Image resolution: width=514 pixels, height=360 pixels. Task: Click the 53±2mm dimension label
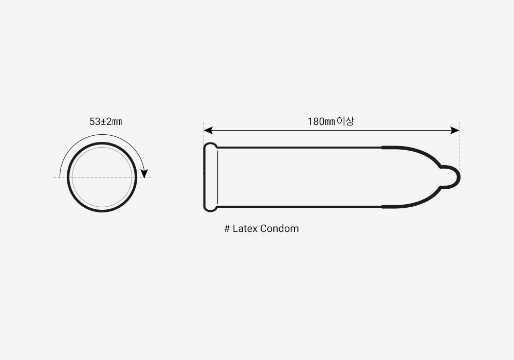[105, 122]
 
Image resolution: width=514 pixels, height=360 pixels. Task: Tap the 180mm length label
[321, 122]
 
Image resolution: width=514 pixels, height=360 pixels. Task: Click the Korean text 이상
[345, 121]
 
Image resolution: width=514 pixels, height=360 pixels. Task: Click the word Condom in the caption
[279, 228]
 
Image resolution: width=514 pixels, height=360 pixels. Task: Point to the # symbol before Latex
[227, 228]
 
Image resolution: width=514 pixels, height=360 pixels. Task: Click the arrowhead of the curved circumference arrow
[144, 173]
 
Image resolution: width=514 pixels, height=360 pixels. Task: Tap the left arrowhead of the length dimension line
[208, 131]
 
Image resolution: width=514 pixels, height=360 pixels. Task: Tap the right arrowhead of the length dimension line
[455, 131]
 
